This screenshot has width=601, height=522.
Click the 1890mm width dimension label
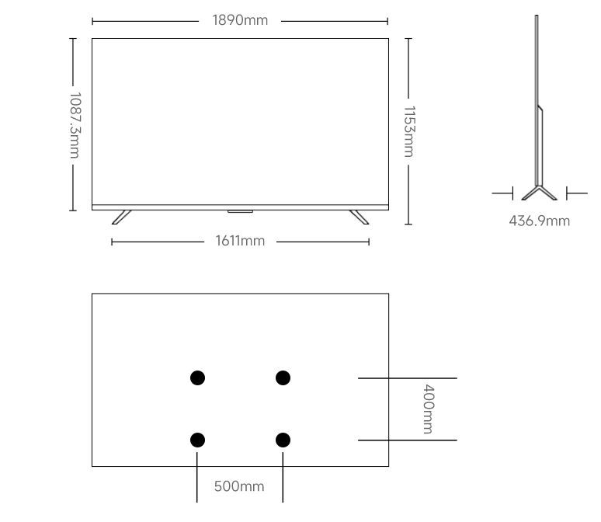(240, 20)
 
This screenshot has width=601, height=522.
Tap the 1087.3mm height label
(75, 124)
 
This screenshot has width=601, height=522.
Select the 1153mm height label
(409, 131)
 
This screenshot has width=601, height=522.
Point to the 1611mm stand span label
(240, 241)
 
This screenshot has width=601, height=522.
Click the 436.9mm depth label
(539, 221)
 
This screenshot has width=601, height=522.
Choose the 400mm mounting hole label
(428, 409)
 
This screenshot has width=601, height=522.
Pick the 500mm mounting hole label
(239, 487)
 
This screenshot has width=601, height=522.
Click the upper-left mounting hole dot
(197, 378)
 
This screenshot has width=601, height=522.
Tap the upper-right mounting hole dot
(283, 378)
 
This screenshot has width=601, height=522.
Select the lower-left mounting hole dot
(197, 440)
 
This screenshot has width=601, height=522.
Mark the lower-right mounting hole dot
(283, 440)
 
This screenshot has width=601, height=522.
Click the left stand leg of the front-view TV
(122, 217)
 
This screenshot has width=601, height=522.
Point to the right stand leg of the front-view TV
(359, 217)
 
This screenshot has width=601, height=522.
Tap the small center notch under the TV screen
(240, 211)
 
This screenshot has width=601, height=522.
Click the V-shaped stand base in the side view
(539, 193)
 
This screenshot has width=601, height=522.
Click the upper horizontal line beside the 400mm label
(407, 378)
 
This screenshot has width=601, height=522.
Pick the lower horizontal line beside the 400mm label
(407, 440)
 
